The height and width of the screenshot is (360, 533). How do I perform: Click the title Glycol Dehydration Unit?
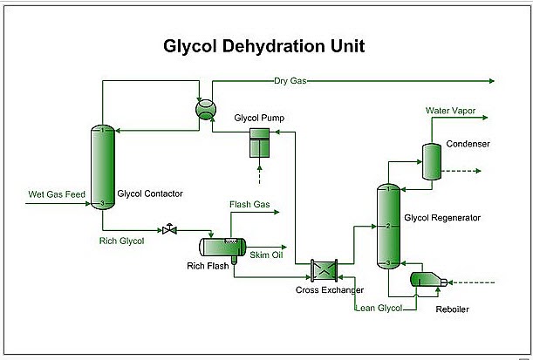tap(266, 44)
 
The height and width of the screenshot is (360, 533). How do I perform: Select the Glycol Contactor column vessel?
tap(103, 167)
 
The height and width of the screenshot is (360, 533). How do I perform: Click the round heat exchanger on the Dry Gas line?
tap(206, 107)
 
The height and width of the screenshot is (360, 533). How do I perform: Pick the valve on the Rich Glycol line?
tap(168, 230)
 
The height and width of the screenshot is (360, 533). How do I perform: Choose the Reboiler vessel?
tap(427, 281)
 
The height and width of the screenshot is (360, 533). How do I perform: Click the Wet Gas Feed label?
tap(56, 194)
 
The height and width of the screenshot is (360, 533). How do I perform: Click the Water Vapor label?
tap(450, 111)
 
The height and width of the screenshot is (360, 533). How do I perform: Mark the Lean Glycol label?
tap(379, 309)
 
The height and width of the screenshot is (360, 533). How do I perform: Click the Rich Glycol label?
tap(121, 241)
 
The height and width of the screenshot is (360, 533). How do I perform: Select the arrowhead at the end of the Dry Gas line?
tap(492, 80)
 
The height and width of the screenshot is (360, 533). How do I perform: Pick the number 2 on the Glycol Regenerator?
tap(386, 227)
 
